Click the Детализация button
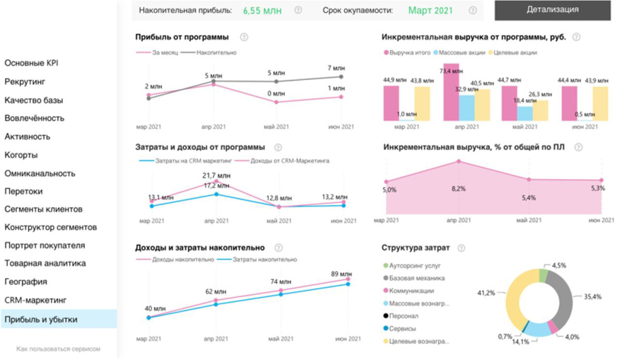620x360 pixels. tap(552, 10)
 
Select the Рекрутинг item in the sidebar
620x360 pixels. tap(25, 82)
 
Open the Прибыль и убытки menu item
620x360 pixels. tap(41, 319)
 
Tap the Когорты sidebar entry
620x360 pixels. tap(21, 155)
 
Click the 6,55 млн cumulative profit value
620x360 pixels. tap(262, 10)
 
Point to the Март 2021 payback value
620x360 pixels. tap(430, 10)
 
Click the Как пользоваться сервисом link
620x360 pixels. tap(58, 349)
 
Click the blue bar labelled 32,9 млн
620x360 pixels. tap(466, 108)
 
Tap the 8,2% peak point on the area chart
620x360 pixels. tap(458, 161)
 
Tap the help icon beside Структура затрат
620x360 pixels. tap(461, 248)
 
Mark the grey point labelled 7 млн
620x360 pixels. tap(342, 76)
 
